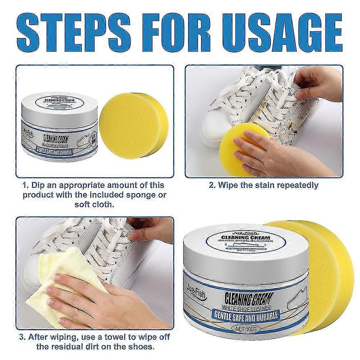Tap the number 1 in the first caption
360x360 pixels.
(25, 186)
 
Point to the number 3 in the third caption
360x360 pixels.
(23, 338)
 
